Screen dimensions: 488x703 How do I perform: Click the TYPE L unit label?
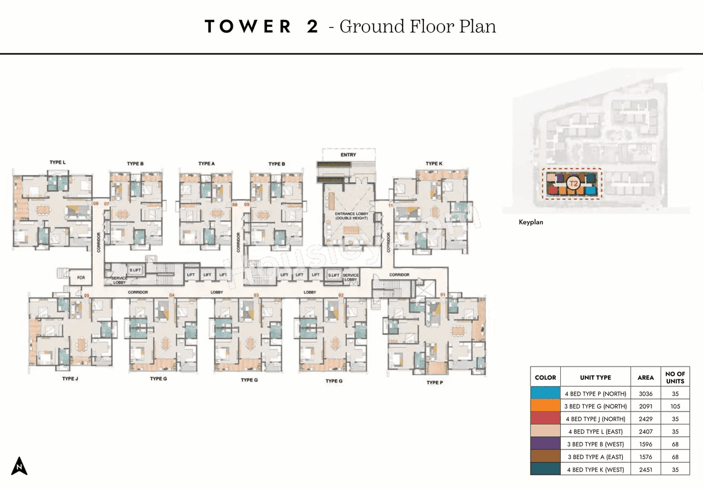[x=57, y=163]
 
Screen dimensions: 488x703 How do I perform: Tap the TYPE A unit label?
[x=206, y=164]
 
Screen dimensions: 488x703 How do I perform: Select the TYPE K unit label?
[x=433, y=164]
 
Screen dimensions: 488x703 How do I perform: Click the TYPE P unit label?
[x=434, y=382]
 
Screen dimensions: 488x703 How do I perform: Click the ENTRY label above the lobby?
[x=348, y=155]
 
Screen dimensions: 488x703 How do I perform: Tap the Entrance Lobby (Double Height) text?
[x=348, y=216]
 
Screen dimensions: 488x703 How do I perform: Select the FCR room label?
[x=81, y=278]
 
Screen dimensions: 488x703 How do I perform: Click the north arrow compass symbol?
[x=19, y=465]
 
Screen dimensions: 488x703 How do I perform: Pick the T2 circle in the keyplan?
[x=573, y=184]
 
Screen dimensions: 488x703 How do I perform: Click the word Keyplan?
[x=531, y=223]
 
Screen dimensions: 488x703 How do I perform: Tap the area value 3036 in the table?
[x=645, y=394]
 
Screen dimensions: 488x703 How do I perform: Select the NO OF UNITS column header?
[x=675, y=378]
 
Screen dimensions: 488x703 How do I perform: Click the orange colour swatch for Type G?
[x=545, y=406]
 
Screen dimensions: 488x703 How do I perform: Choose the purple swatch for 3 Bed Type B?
[x=545, y=444]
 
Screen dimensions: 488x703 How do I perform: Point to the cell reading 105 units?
[x=675, y=406]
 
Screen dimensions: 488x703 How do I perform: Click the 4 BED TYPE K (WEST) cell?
[x=595, y=469]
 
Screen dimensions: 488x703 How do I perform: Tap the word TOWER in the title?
[x=248, y=26]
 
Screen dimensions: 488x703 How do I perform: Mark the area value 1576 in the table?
[x=645, y=457]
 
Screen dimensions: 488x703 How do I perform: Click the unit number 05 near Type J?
[x=86, y=296]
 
